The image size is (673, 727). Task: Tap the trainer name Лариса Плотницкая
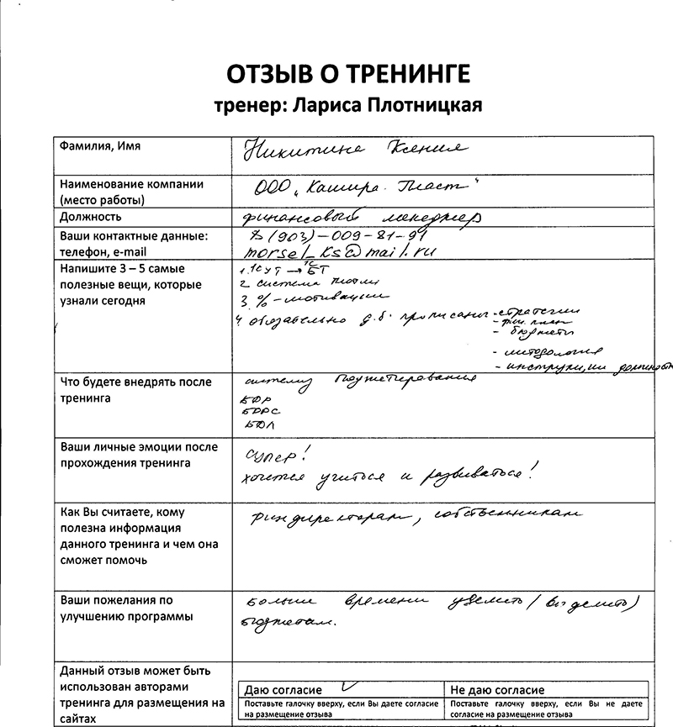pos(347,105)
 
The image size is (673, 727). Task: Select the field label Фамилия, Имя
pos(99,146)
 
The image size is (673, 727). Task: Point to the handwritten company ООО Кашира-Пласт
pos(370,187)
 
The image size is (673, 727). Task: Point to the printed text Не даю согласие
pos(498,690)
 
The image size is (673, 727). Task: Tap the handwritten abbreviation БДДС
pos(255,411)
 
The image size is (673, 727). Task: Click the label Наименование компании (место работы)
pos(130,192)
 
